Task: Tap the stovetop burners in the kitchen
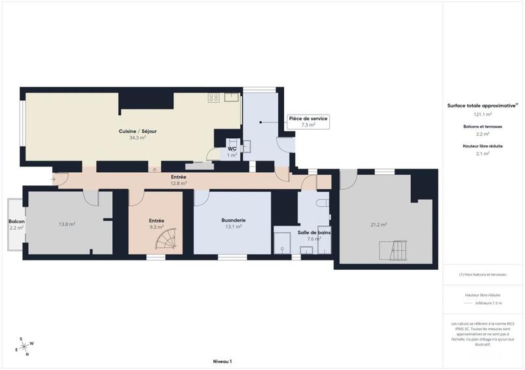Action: [213, 98]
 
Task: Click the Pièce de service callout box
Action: [308, 121]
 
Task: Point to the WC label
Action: [232, 149]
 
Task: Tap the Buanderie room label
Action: [233, 221]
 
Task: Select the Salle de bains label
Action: [313, 232]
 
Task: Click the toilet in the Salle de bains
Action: [322, 204]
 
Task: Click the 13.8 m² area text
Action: [66, 225]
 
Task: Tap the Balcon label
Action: [16, 221]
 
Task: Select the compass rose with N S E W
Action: [26, 346]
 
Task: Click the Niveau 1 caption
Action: [222, 361]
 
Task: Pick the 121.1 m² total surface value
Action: [482, 114]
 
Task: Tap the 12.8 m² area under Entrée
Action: [178, 183]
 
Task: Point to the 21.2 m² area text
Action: [379, 225]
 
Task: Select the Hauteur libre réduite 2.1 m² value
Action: [482, 154]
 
